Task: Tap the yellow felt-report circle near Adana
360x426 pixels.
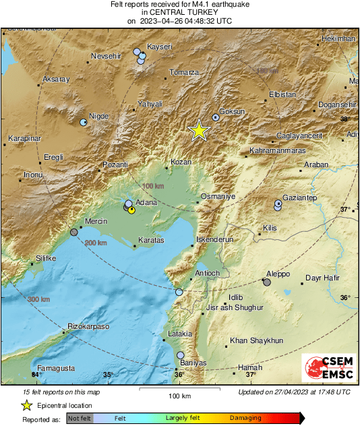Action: click(131, 210)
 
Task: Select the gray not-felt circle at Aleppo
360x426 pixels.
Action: click(267, 282)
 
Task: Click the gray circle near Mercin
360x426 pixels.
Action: click(74, 232)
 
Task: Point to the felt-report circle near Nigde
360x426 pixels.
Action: click(84, 123)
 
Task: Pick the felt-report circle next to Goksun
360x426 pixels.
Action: click(216, 117)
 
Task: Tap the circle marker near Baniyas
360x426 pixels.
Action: click(180, 355)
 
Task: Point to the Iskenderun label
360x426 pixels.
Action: click(214, 239)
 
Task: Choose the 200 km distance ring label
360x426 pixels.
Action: click(96, 243)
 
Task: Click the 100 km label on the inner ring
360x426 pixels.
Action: click(154, 186)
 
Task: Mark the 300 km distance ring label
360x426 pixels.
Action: click(37, 299)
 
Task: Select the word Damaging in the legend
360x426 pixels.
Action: click(247, 419)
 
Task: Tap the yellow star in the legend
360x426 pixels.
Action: click(26, 405)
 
